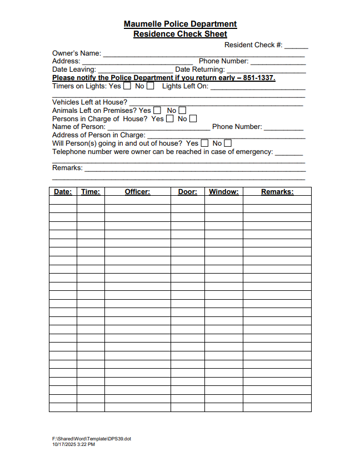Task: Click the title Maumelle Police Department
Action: click(180, 24)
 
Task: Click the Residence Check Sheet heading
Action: click(180, 34)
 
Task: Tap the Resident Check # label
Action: click(253, 45)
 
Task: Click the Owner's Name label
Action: click(77, 53)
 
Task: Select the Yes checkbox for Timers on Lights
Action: click(127, 86)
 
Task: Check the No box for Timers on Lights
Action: click(151, 86)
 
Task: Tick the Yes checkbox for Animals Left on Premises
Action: click(157, 111)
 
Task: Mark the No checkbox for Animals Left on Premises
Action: click(182, 111)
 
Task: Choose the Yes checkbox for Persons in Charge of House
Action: click(170, 118)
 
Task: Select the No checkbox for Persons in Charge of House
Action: click(193, 118)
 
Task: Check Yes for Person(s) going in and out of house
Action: click(204, 143)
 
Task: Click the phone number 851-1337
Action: click(258, 78)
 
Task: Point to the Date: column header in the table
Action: click(63, 192)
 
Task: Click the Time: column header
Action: click(91, 192)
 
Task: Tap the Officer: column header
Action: click(137, 192)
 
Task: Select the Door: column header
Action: click(187, 192)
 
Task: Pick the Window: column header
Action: click(223, 192)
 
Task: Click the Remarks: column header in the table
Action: click(277, 192)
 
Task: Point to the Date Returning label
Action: click(200, 70)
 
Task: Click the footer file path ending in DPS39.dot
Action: click(92, 439)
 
